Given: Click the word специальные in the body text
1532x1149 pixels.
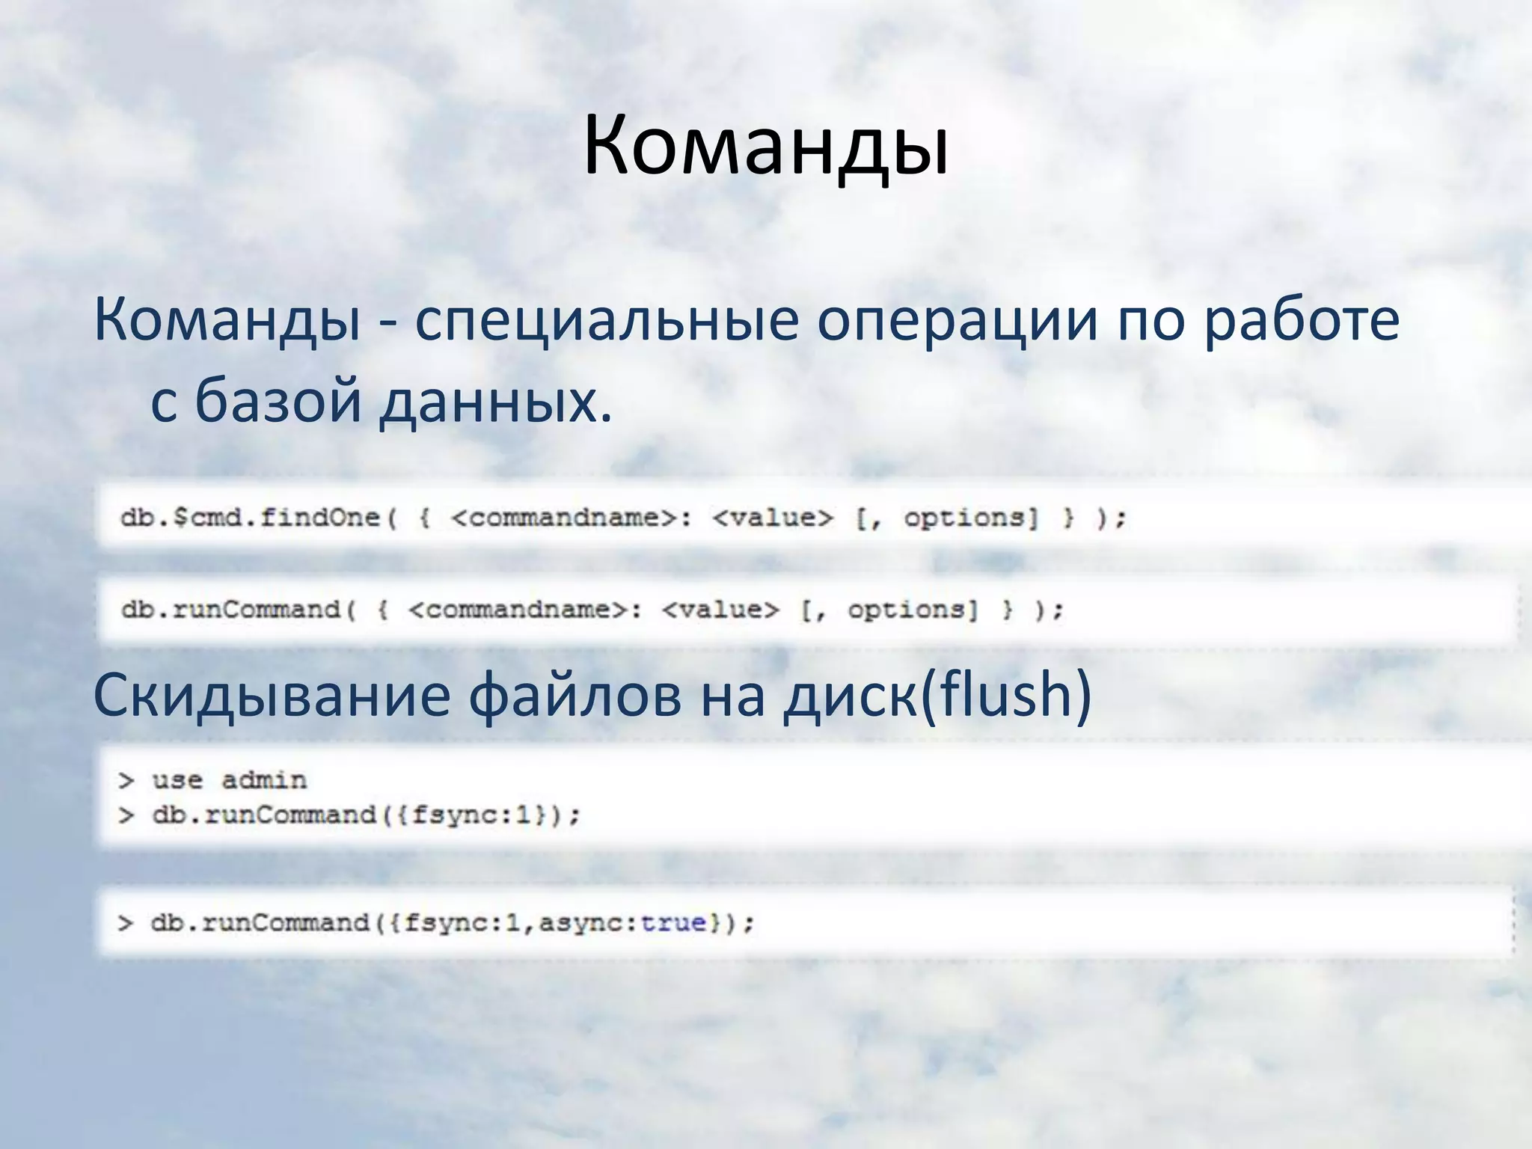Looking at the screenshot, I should (607, 320).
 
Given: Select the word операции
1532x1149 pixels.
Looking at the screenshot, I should (957, 320).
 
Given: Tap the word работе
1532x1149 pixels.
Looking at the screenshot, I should (1301, 320).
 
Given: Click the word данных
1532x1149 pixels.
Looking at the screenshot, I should (494, 402).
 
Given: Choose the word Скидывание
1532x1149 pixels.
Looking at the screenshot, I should (271, 694).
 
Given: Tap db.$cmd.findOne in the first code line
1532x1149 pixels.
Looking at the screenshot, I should (251, 518).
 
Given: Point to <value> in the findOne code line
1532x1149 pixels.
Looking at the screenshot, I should (773, 518).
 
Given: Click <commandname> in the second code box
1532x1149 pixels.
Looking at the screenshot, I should (520, 610).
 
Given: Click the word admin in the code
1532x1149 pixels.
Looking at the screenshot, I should (264, 780).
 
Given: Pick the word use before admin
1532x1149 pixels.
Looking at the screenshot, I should (177, 780).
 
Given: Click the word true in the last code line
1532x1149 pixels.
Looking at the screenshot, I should (673, 922).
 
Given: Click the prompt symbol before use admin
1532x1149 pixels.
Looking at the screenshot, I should (126, 780).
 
